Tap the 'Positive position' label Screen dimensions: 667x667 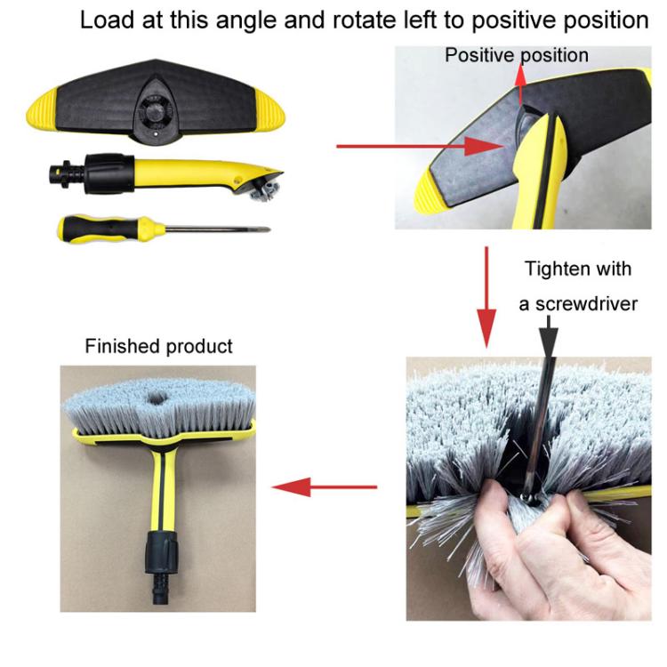click(x=517, y=55)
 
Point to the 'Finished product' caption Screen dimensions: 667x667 click(x=158, y=346)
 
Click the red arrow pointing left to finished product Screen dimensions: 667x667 click(x=325, y=486)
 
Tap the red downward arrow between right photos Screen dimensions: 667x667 click(x=487, y=298)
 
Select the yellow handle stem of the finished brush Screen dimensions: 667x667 click(x=162, y=489)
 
